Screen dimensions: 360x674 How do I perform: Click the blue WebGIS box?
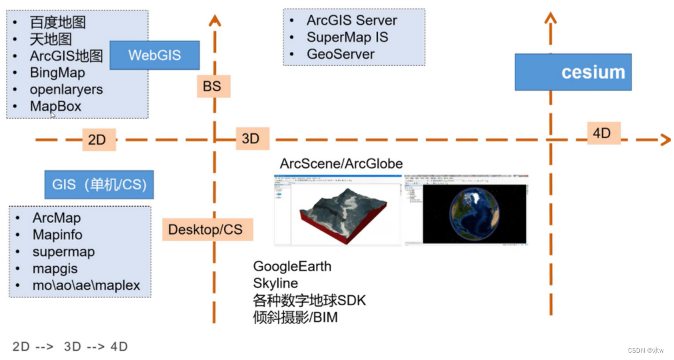click(155, 55)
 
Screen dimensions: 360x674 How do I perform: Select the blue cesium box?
click(573, 73)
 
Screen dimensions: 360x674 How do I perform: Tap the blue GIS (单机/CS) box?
click(99, 184)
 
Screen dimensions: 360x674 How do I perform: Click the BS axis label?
click(212, 86)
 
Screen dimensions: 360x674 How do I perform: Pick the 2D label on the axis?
click(97, 140)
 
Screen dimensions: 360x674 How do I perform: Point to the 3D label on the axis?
click(250, 139)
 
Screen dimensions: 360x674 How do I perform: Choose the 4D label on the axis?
click(601, 133)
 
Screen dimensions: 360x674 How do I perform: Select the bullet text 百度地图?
click(58, 22)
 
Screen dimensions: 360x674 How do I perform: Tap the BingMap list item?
click(57, 72)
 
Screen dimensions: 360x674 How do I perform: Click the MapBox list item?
click(55, 106)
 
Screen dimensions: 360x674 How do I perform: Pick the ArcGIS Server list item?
click(351, 21)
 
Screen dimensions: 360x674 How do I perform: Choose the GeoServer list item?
click(340, 55)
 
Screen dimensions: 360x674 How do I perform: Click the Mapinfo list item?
click(57, 235)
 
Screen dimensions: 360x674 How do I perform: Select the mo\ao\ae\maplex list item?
click(86, 286)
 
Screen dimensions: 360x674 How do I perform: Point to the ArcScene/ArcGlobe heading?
click(341, 163)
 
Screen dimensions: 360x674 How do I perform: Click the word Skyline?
click(275, 283)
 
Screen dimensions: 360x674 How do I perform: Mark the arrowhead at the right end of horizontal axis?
click(664, 139)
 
